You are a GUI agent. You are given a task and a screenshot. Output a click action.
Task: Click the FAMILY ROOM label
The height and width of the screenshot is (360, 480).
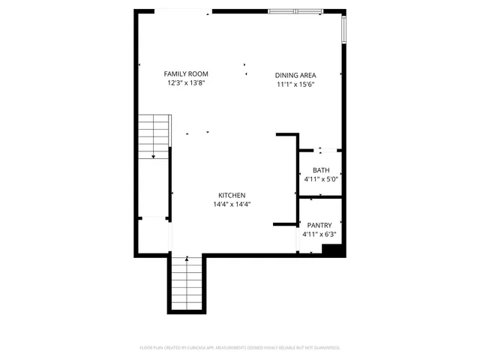coord(186,73)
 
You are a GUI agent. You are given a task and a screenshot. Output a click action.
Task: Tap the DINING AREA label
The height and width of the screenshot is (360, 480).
coord(295,75)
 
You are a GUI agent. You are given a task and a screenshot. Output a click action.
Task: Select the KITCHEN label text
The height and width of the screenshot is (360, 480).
coord(232,195)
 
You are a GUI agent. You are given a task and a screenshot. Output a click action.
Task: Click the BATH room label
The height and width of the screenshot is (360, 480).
coord(321,170)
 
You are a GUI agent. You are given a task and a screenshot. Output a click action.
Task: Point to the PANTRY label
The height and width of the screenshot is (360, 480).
coord(319,225)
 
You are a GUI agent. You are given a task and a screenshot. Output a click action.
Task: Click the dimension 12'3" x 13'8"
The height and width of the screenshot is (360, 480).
coord(186,83)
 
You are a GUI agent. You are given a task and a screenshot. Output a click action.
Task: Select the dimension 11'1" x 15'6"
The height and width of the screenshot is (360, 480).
coord(295,85)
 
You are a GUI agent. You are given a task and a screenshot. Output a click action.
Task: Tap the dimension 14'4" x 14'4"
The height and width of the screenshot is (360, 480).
coord(232,204)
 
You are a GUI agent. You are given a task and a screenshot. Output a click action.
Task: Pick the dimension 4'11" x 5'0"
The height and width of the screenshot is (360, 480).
coord(321,179)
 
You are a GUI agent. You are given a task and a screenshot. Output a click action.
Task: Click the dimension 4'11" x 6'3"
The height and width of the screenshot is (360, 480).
coord(319,234)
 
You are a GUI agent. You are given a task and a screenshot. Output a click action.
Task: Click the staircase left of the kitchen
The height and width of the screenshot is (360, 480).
coord(153,136)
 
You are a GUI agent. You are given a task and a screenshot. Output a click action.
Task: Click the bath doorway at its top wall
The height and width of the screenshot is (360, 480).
coord(322,151)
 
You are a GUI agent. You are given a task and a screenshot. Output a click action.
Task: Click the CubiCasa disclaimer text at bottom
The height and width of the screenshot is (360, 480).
coord(240,348)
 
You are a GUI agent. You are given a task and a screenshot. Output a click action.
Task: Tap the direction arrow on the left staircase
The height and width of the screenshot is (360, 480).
coord(153,155)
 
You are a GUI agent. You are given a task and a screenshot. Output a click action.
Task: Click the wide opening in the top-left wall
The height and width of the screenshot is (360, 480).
coord(182,10)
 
